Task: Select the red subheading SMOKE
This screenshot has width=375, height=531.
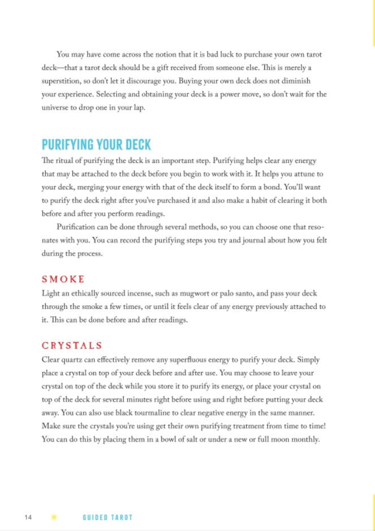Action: (x=63, y=279)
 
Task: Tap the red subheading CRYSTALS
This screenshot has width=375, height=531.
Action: (x=72, y=345)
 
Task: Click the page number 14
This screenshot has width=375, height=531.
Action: (x=28, y=517)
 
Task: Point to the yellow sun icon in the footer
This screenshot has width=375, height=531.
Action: (x=55, y=517)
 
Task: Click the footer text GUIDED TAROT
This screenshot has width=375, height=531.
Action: (x=107, y=517)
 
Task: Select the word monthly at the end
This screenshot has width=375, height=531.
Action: (x=309, y=439)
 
